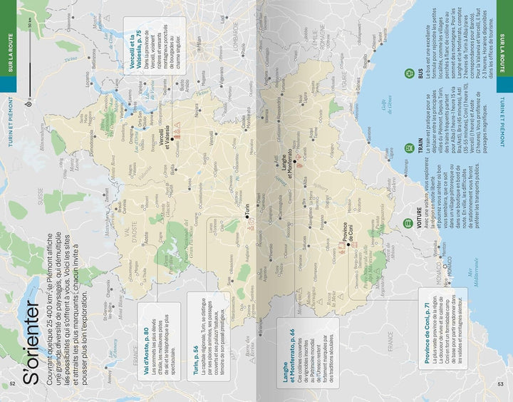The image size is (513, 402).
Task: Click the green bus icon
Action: (x=408, y=73)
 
